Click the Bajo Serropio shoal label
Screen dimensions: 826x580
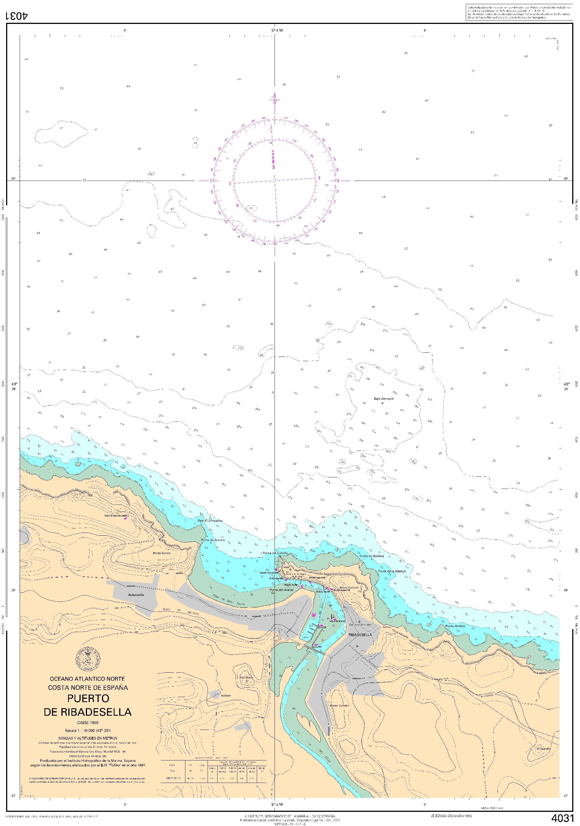pos(384,399)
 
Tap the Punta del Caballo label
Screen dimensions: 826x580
pos(275,553)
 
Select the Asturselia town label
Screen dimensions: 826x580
pos(136,595)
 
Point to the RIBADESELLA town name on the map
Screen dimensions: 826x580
pos(360,635)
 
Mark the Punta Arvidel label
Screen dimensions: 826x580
pos(455,626)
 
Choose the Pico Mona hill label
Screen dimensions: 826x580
pos(246,677)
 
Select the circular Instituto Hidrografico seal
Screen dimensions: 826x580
pos(88,659)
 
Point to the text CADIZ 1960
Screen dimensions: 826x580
pos(88,723)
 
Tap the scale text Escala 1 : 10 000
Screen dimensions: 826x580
pos(88,731)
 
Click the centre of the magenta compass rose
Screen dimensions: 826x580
pos(275,181)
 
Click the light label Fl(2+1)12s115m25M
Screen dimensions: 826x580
pos(116,516)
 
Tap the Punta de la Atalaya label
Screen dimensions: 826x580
pos(392,571)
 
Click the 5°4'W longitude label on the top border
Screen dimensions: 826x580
pos(277,30)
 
